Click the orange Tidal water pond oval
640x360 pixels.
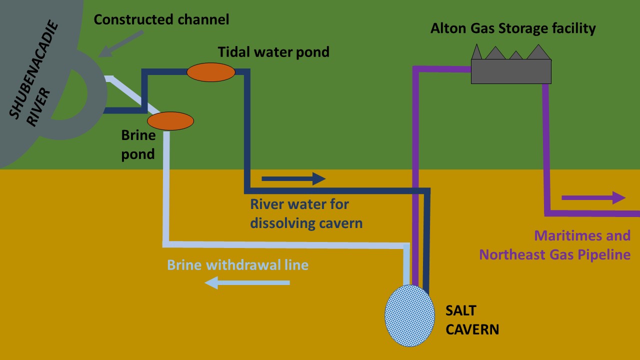coord(210,72)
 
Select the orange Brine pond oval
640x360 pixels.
coord(170,121)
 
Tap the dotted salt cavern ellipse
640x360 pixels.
coord(409,315)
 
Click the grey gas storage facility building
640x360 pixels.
coord(511,71)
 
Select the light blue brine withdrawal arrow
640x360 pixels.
coord(247,283)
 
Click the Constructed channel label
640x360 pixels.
coord(161,20)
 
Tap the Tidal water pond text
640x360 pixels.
coord(273,51)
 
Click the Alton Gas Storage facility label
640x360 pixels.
coord(513,28)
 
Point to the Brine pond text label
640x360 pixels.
coord(138,144)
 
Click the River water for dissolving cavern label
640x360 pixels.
coord(306,213)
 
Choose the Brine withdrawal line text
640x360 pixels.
coord(237,264)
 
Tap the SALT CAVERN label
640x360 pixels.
coord(472,320)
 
